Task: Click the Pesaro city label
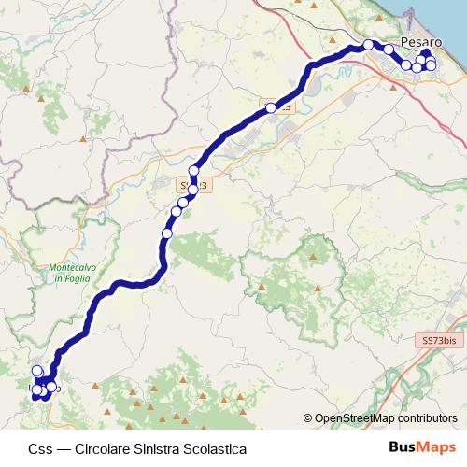tap(419, 42)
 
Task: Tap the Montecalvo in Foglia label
tap(66, 274)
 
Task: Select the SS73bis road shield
tap(439, 342)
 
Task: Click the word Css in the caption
tap(40, 448)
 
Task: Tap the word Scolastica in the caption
tap(217, 448)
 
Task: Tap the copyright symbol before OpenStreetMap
tap(307, 418)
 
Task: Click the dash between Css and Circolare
tap(62, 448)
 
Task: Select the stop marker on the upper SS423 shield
tap(272, 108)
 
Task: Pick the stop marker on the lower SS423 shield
tap(192, 190)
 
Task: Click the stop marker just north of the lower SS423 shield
tap(194, 171)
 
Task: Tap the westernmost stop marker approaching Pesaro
tap(369, 45)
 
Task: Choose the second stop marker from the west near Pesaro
tap(389, 50)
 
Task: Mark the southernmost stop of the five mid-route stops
tap(167, 233)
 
